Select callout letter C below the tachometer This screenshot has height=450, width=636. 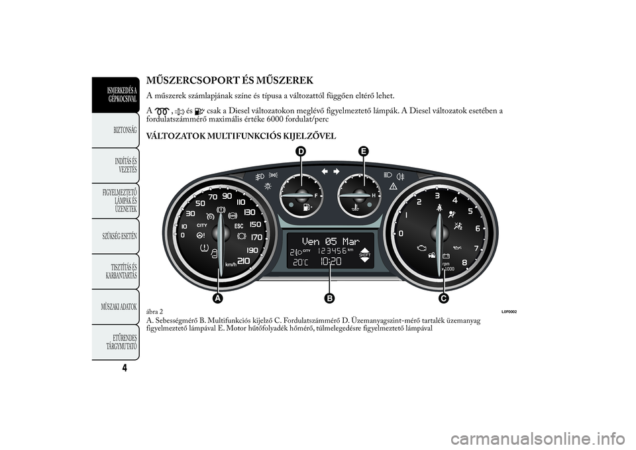click(443, 298)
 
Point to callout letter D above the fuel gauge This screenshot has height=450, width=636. click(301, 152)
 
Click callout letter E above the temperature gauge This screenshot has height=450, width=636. click(364, 152)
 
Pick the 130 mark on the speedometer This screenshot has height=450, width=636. click(249, 212)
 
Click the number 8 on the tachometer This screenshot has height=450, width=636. click(464, 262)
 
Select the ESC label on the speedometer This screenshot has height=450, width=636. click(239, 225)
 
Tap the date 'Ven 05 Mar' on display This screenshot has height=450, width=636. click(330, 241)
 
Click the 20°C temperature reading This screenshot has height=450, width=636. click(300, 262)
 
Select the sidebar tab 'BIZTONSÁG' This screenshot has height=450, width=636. click(125, 131)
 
